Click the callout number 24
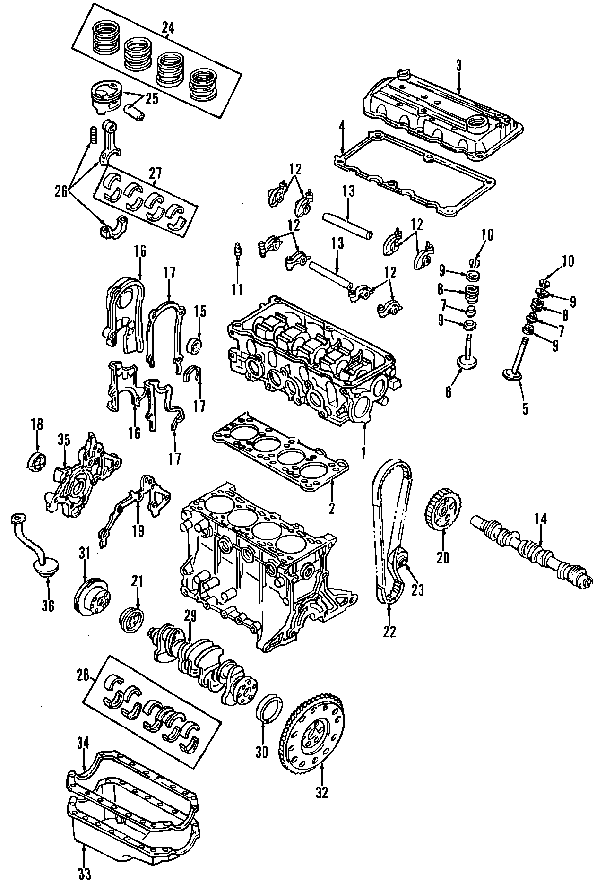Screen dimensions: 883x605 pyautogui.click(x=168, y=28)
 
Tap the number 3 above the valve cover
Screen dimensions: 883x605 pyautogui.click(x=458, y=67)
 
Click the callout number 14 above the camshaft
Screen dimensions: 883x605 pyautogui.click(x=541, y=519)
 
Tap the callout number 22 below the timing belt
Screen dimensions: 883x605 pyautogui.click(x=389, y=632)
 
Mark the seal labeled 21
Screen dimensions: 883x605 pyautogui.click(x=132, y=620)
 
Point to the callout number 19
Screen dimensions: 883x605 pyautogui.click(x=138, y=530)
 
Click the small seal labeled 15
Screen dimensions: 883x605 pyautogui.click(x=196, y=345)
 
